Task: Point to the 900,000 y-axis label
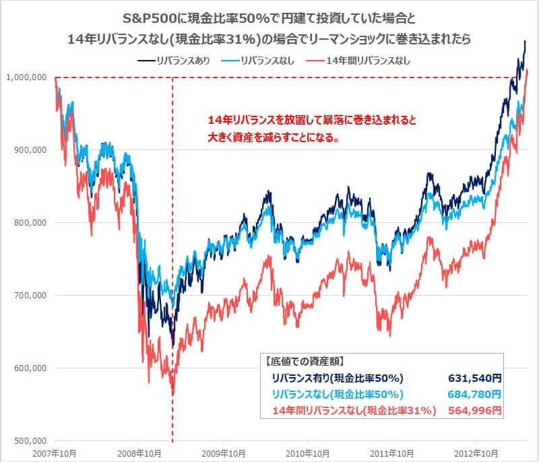(x=29, y=150)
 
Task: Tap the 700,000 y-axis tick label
(x=29, y=295)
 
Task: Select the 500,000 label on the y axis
(x=29, y=440)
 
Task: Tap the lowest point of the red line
(x=173, y=394)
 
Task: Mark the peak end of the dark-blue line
(x=525, y=42)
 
